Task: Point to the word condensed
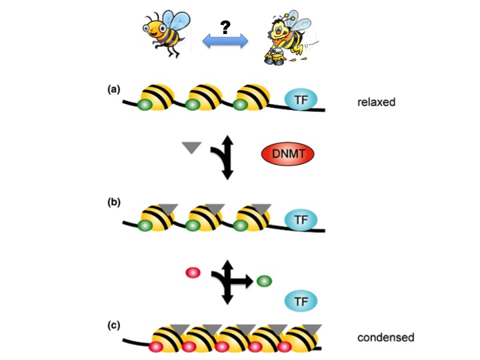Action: [x=386, y=337]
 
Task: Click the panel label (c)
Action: [x=115, y=325]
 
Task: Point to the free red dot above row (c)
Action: [x=193, y=273]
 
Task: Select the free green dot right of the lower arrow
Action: [x=263, y=281]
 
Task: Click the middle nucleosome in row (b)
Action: [x=205, y=218]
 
